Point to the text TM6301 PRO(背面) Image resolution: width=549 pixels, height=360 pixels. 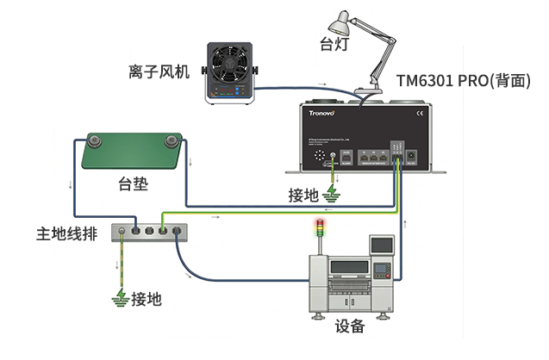pos(469,80)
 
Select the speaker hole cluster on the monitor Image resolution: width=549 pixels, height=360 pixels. pos(321,157)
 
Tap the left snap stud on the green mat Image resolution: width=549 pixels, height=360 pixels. pos(88,141)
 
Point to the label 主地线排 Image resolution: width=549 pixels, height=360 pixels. pos(63,233)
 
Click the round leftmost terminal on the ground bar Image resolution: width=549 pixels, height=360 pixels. pos(122,231)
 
